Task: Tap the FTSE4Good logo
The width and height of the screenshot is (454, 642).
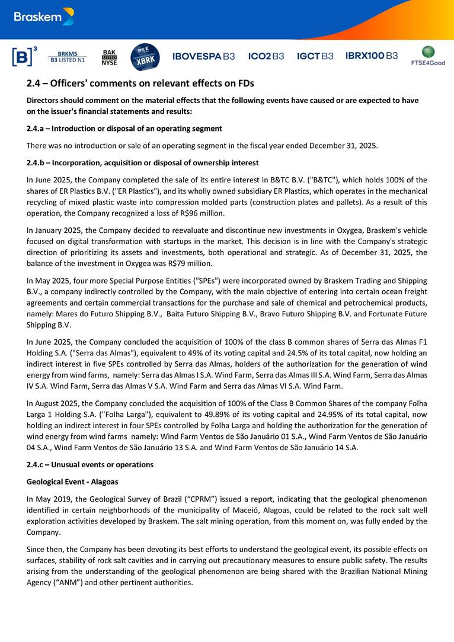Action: pos(427,56)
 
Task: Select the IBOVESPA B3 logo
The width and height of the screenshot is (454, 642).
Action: pos(203,56)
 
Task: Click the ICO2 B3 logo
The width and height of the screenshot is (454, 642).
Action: pos(266,56)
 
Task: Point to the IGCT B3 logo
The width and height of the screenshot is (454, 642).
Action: pos(315,56)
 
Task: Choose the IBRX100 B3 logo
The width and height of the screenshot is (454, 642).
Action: pos(372,56)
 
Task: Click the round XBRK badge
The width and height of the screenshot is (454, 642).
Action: pos(145,56)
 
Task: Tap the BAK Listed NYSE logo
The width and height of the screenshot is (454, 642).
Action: pos(110,57)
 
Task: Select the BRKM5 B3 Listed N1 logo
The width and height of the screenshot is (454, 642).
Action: pos(68,57)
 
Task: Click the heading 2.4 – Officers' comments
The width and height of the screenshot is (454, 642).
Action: pos(140,84)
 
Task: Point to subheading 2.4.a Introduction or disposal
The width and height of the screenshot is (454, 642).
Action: pos(124,129)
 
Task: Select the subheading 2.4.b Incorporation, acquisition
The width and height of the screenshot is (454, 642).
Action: pos(142,162)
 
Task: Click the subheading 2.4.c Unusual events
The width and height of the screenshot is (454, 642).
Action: pos(89,464)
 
